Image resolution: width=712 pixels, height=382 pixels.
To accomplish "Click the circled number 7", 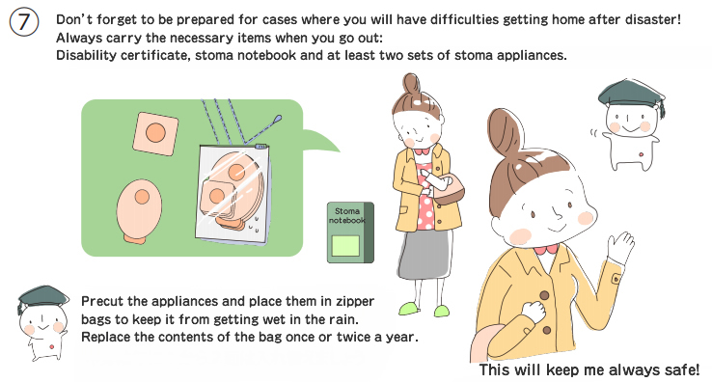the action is [x=24, y=22].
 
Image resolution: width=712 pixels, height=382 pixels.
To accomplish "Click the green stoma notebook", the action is [x=350, y=232].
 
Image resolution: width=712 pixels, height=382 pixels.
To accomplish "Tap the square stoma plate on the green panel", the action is [x=155, y=133].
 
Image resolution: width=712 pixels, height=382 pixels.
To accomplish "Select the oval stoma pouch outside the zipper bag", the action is [x=139, y=210].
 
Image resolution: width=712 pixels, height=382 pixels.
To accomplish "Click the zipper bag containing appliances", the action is [x=233, y=194].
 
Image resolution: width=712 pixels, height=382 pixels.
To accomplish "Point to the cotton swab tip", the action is [x=277, y=120].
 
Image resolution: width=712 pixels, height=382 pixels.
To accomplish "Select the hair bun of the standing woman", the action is [x=411, y=84].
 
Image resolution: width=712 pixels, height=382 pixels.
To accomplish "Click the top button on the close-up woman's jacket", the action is [x=544, y=296].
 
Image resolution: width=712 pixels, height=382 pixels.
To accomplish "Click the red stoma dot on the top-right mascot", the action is [x=641, y=155].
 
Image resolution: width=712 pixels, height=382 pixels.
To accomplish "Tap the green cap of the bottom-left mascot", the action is [x=42, y=297].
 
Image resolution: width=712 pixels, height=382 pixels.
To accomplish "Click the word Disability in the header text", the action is [x=86, y=55].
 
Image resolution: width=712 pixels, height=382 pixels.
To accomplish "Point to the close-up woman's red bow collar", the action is [x=546, y=250].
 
